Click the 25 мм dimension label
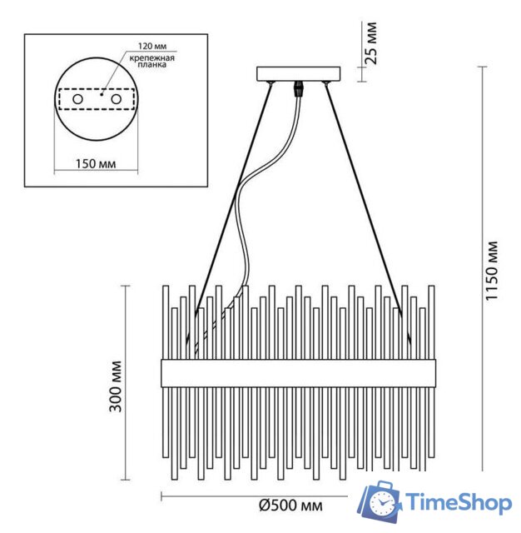[372, 44]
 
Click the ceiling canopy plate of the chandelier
[297, 74]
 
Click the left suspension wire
[231, 200]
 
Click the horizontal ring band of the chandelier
[297, 372]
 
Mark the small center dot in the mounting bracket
[100, 95]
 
